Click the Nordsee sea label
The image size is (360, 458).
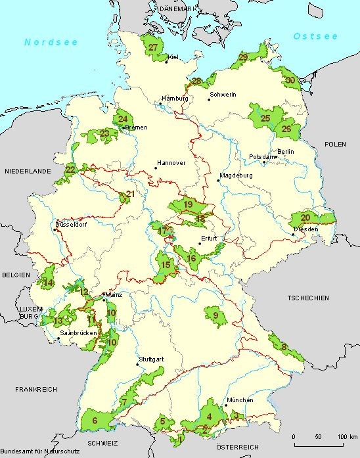pyautogui.click(x=51, y=42)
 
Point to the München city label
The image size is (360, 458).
pyautogui.click(x=239, y=400)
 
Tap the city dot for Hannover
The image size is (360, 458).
pyautogui.click(x=156, y=168)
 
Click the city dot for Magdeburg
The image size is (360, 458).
pyautogui.click(x=218, y=180)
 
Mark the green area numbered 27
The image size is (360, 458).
pyautogui.click(x=154, y=47)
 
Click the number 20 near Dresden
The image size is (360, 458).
pyautogui.click(x=305, y=218)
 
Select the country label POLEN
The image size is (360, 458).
pyautogui.click(x=334, y=143)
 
